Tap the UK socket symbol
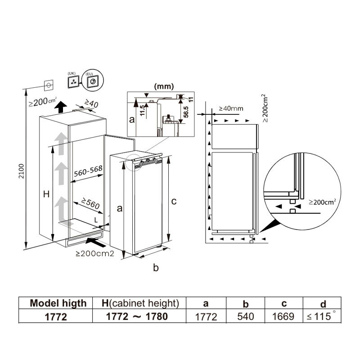(72, 82)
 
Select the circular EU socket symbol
(92, 81)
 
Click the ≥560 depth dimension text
(90, 203)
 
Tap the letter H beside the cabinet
(46, 194)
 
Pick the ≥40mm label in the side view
(231, 108)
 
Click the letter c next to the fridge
(174, 201)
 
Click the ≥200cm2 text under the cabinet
(94, 254)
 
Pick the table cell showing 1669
(283, 317)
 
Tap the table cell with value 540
(245, 317)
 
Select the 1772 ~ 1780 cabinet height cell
(137, 316)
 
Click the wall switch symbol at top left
(49, 84)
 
